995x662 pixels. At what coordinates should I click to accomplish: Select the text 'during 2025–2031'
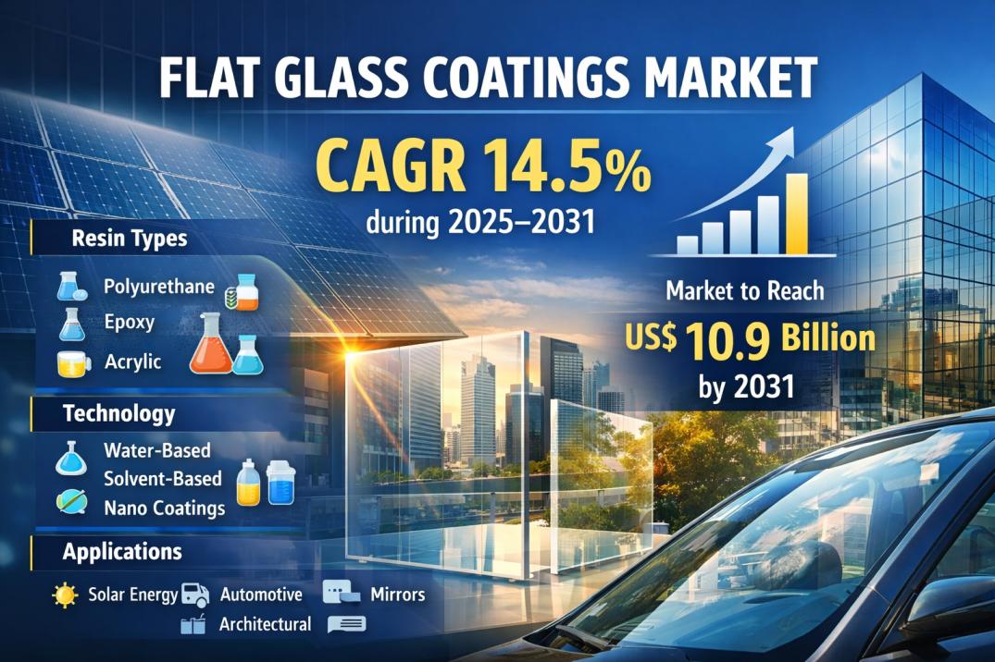(x=479, y=223)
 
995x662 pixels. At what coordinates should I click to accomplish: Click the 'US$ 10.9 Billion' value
(x=750, y=339)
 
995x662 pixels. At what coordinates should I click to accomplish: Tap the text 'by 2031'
(x=750, y=386)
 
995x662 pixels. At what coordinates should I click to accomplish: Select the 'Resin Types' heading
(x=129, y=239)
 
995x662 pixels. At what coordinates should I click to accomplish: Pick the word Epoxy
(x=129, y=324)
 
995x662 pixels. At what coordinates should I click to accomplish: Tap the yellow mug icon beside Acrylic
(x=73, y=363)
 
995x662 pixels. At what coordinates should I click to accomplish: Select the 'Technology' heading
(x=118, y=413)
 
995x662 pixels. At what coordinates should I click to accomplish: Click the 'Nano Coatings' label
(x=164, y=508)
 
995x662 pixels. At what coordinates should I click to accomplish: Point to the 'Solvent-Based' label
(x=163, y=479)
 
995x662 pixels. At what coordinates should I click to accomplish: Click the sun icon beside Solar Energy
(x=65, y=595)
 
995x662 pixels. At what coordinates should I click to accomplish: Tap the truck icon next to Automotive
(x=194, y=595)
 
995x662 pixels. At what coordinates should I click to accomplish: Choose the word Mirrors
(x=397, y=594)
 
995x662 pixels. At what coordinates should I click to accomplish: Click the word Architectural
(x=265, y=624)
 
